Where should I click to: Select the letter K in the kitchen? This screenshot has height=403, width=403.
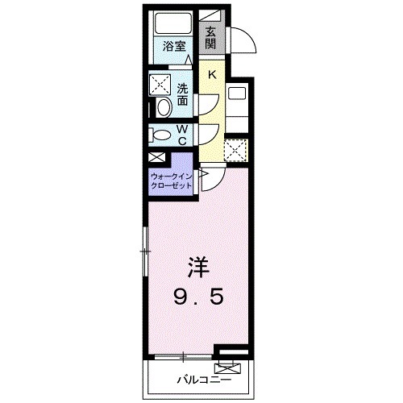click(211, 74)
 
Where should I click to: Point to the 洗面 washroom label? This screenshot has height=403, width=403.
click(183, 95)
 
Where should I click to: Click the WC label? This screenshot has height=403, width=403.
click(183, 135)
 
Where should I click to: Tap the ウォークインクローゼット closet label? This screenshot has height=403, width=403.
click(172, 179)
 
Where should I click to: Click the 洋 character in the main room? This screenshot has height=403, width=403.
click(198, 265)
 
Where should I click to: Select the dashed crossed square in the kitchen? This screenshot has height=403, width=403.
click(235, 148)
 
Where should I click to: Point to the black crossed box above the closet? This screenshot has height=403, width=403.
click(156, 159)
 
